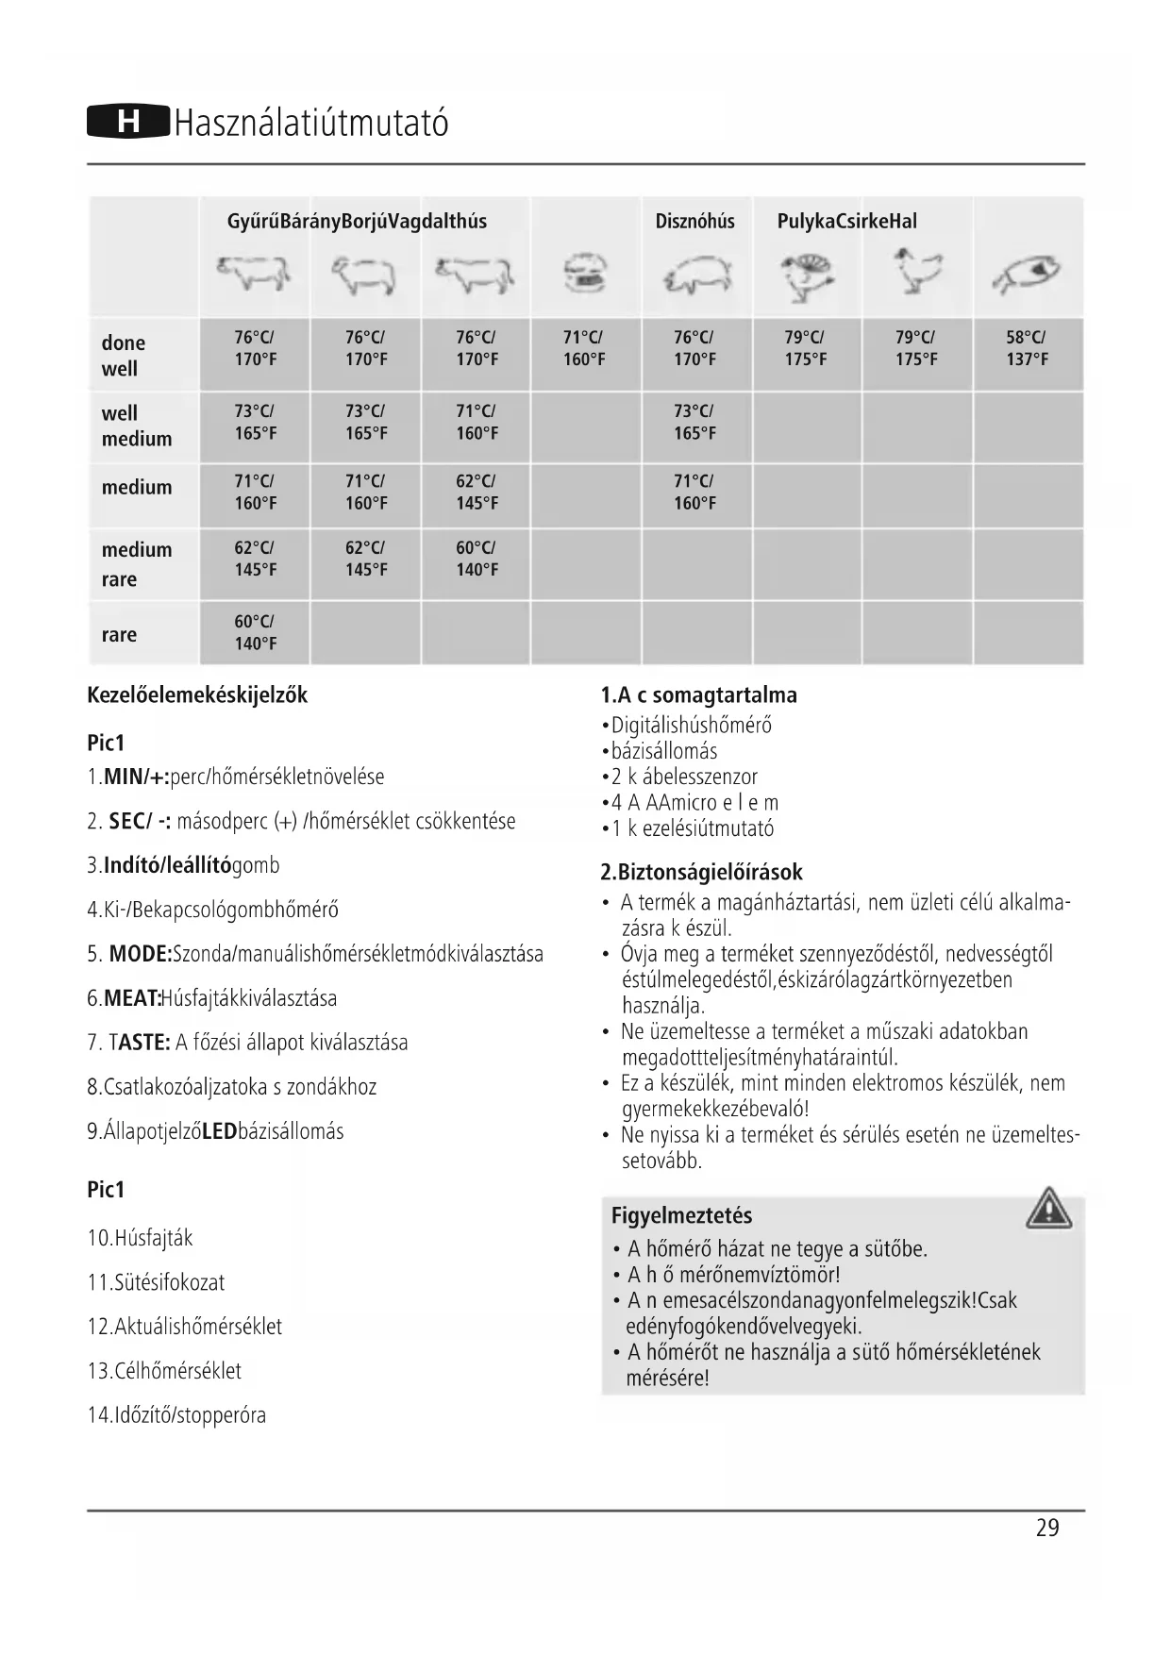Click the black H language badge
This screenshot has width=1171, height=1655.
point(128,123)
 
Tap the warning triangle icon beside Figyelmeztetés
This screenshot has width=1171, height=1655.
point(1048,1210)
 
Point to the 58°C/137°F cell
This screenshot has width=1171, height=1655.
point(1027,348)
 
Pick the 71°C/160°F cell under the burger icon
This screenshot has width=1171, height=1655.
point(584,348)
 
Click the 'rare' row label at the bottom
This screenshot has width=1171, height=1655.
point(119,635)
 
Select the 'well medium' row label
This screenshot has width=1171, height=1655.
point(137,426)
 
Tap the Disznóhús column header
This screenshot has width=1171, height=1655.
point(694,222)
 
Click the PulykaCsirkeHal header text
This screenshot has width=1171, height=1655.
point(846,222)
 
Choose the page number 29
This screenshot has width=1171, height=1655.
point(1047,1529)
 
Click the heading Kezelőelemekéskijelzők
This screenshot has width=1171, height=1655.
point(197,695)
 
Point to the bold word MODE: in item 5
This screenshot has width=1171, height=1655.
point(141,954)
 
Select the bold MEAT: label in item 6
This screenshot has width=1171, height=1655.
point(132,998)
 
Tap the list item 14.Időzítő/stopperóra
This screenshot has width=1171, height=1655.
point(176,1415)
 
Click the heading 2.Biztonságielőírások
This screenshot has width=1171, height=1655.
point(701,872)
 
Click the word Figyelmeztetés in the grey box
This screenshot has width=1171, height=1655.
point(681,1215)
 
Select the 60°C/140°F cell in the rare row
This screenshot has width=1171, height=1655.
point(255,632)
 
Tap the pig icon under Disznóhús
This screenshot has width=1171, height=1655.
point(696,276)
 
